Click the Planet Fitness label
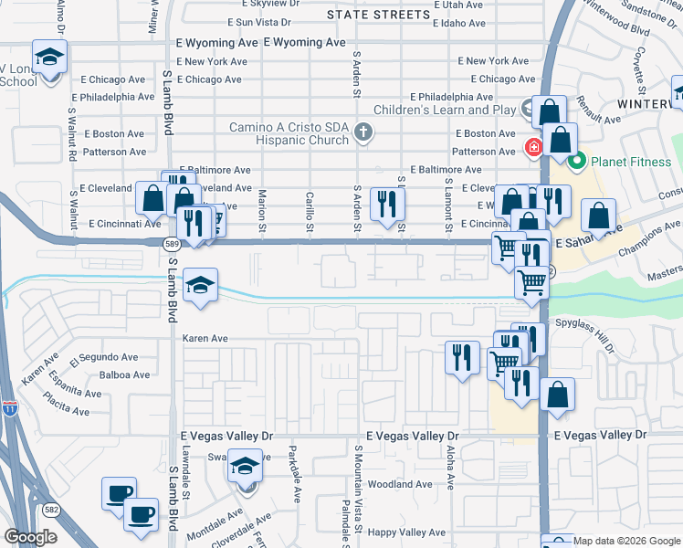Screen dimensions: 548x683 point(630,163)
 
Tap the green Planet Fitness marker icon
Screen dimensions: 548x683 point(577,163)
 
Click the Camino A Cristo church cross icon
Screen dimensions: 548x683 point(363,132)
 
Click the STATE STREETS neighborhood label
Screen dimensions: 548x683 point(378,15)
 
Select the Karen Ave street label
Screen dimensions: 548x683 point(205,338)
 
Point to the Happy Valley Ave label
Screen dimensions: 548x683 point(406,532)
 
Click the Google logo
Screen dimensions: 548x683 point(31,537)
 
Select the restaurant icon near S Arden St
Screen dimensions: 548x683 point(387,203)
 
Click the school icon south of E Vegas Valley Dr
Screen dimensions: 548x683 point(245,467)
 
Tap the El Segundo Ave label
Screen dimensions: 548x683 point(102,357)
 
